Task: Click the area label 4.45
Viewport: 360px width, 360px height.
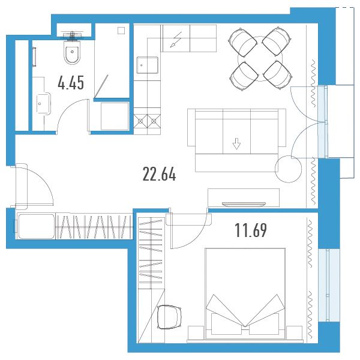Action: [x=71, y=83]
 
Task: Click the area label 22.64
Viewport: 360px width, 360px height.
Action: [x=159, y=174]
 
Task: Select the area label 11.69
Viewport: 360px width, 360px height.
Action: [x=251, y=230]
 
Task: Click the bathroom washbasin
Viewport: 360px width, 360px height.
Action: [x=44, y=103]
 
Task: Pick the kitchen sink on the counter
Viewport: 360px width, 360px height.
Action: [x=147, y=65]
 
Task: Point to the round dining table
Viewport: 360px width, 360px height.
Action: [x=260, y=59]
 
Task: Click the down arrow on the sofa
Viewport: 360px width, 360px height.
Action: [x=236, y=144]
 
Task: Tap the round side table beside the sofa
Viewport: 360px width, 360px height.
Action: [x=288, y=169]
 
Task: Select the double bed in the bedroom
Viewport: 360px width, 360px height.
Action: [x=245, y=293]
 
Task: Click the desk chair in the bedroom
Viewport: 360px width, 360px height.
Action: [x=169, y=317]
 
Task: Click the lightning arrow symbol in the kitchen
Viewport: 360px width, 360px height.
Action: [x=176, y=40]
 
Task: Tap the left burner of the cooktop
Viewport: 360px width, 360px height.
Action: [x=140, y=121]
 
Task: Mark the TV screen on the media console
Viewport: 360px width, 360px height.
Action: [x=244, y=203]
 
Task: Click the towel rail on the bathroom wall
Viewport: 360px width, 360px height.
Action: [x=35, y=57]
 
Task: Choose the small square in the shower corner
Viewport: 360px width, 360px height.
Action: [x=121, y=31]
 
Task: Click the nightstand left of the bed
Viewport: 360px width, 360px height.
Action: [x=196, y=332]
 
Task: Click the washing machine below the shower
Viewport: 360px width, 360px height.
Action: [x=115, y=116]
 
